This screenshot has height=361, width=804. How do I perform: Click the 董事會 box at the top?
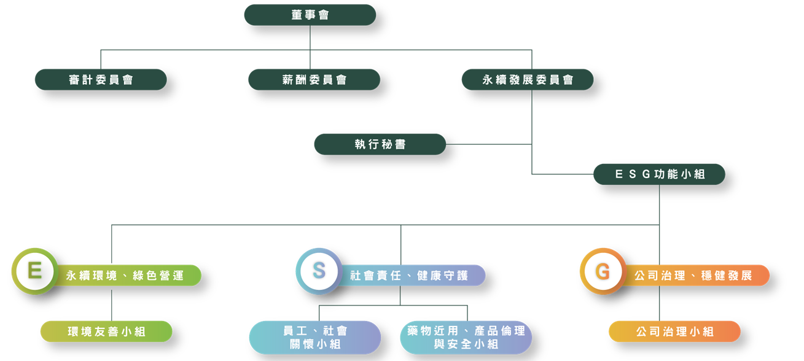pyautogui.click(x=310, y=15)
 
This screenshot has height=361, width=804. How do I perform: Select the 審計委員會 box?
pyautogui.click(x=101, y=80)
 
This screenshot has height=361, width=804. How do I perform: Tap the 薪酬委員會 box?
pyautogui.click(x=314, y=80)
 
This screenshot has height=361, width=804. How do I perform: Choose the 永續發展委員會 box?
pyautogui.click(x=528, y=80)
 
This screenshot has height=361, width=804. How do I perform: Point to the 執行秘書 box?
pyautogui.click(x=380, y=144)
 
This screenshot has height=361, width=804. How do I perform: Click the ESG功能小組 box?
pyautogui.click(x=659, y=174)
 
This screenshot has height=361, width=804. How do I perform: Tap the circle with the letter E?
pyautogui.click(x=35, y=271)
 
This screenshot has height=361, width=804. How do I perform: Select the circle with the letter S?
pyautogui.click(x=318, y=271)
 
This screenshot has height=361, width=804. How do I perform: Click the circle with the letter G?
pyautogui.click(x=603, y=271)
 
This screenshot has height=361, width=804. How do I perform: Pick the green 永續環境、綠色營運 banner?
pyautogui.click(x=126, y=276)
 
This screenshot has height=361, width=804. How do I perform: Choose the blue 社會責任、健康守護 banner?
pyautogui.click(x=410, y=276)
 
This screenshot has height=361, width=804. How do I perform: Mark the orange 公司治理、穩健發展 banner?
pyautogui.click(x=694, y=276)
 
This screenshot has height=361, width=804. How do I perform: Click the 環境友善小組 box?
pyautogui.click(x=106, y=332)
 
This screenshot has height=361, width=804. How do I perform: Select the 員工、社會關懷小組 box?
pyautogui.click(x=315, y=338)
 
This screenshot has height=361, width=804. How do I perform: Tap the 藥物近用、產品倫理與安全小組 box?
pyautogui.click(x=466, y=338)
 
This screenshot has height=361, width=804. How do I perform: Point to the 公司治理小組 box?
pyautogui.click(x=674, y=332)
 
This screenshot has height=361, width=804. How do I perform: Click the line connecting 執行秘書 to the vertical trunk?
pyautogui.click(x=488, y=144)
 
